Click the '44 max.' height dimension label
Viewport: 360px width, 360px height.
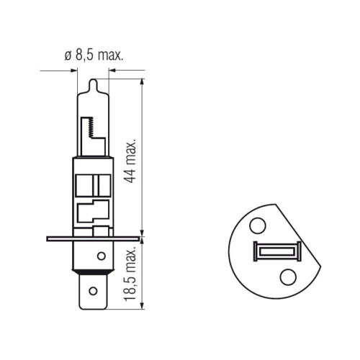[x=131, y=161]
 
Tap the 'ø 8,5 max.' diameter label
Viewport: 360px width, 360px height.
[x=94, y=55]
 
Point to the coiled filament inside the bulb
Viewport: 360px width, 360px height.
[x=91, y=127]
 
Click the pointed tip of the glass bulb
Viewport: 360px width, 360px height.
[x=93, y=79]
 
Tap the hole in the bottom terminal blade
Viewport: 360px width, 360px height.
[x=93, y=291]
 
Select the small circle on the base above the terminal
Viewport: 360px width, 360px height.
[x=102, y=256]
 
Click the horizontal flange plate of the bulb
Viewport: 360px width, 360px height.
[x=93, y=239]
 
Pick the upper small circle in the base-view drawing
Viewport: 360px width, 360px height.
[x=258, y=226]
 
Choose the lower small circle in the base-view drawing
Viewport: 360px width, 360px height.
[x=288, y=277]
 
